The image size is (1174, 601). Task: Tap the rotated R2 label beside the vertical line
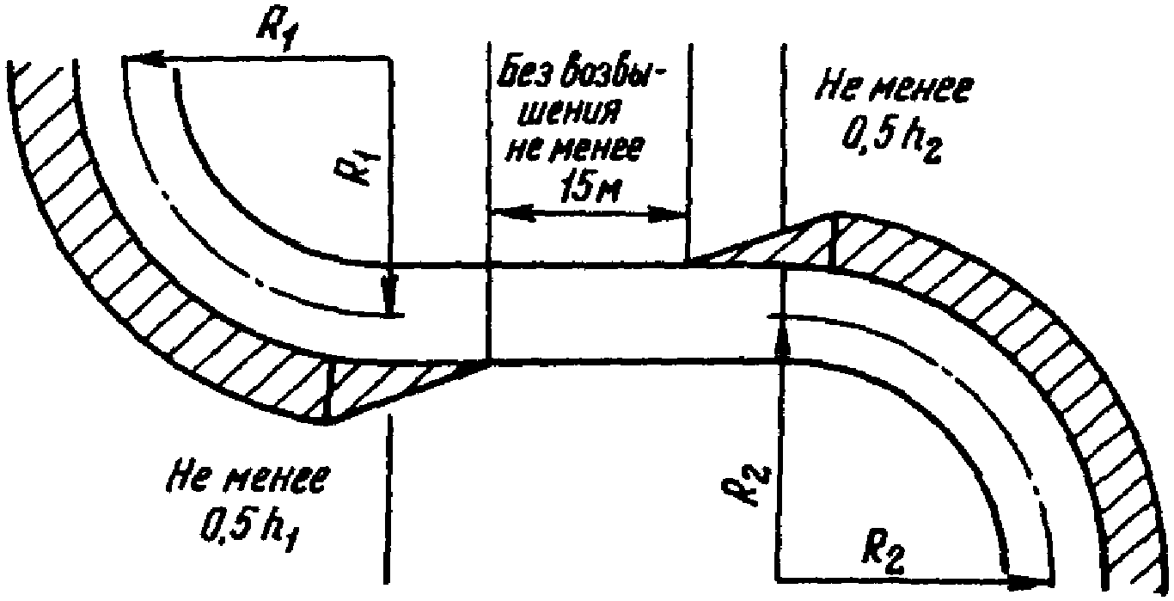click(x=749, y=486)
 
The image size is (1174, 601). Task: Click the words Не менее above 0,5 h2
click(x=896, y=89)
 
